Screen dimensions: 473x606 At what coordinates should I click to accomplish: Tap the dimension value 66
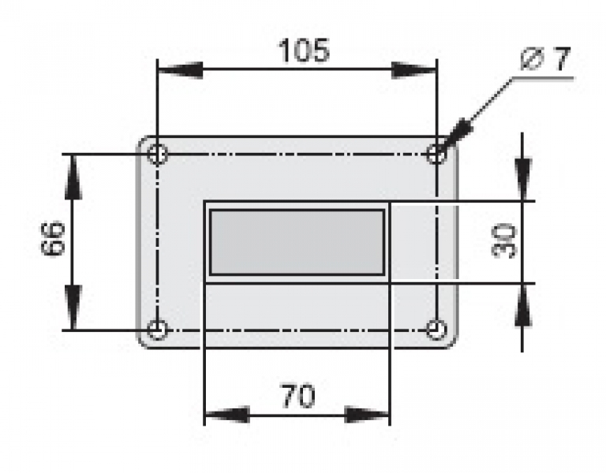(52, 240)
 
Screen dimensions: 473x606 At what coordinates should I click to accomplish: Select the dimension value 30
(506, 240)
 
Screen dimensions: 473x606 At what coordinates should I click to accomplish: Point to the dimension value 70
(297, 395)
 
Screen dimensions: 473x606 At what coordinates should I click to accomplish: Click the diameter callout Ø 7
(545, 60)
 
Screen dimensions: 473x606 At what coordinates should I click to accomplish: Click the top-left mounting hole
(158, 154)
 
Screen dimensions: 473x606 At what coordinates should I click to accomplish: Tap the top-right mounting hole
(436, 154)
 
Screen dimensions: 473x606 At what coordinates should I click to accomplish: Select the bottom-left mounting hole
(158, 329)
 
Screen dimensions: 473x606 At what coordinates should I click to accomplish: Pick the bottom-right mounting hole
(436, 329)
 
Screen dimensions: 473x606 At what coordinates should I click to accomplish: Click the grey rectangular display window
(297, 242)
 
